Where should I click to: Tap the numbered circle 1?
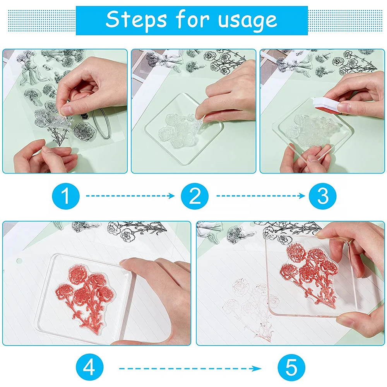(66, 196)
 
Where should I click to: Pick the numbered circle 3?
(322, 196)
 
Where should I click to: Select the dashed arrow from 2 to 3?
(260, 196)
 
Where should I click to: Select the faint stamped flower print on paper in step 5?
(252, 306)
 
